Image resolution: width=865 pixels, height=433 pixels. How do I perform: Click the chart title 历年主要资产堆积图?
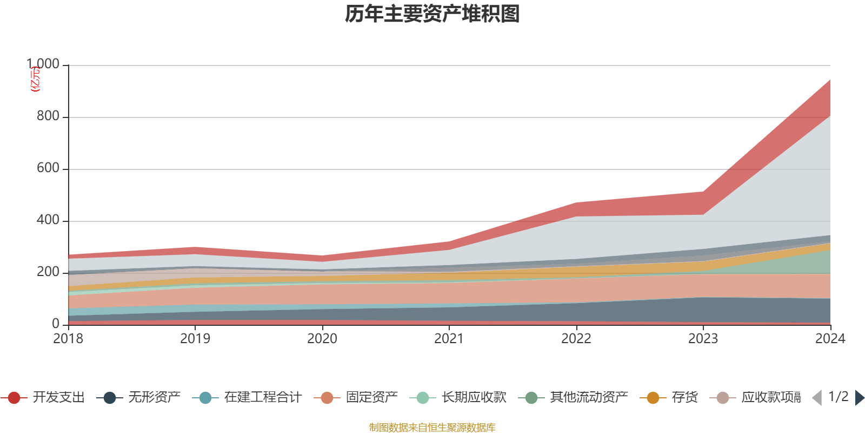click(432, 15)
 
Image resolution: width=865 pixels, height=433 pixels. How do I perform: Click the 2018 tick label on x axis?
click(68, 338)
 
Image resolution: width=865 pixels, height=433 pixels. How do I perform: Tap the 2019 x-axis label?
click(195, 338)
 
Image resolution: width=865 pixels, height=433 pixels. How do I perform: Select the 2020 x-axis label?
click(322, 338)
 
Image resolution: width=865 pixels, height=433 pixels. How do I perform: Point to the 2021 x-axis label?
click(449, 338)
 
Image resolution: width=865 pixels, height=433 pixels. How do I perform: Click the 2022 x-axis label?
click(576, 338)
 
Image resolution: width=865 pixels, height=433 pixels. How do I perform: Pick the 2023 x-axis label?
click(703, 338)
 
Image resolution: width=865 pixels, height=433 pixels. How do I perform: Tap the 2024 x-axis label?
click(830, 338)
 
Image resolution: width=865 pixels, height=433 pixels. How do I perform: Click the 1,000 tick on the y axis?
click(43, 64)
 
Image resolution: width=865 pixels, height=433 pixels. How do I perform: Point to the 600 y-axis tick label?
click(48, 168)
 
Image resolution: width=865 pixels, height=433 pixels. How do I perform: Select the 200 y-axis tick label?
click(48, 272)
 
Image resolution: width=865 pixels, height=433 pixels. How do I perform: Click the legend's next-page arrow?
click(860, 398)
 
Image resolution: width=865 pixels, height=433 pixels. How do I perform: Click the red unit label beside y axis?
click(35, 79)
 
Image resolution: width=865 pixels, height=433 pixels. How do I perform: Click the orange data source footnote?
click(432, 428)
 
